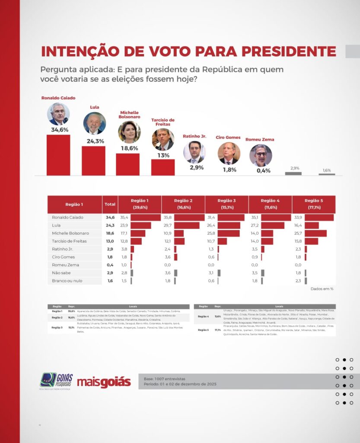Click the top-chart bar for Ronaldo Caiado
[58, 155]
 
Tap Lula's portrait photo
[94, 123]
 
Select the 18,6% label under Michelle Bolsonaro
[129, 148]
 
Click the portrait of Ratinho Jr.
[194, 152]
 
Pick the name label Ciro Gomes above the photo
[228, 138]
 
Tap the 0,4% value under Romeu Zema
[263, 170]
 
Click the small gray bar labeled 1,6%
[327, 174]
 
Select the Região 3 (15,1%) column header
[226, 204]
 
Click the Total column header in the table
[110, 204]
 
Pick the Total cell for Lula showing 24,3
[110, 225]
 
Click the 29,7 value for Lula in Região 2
[168, 225]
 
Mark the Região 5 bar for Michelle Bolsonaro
[315, 233]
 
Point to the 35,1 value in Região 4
[255, 217]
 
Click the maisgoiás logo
[104, 382]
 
